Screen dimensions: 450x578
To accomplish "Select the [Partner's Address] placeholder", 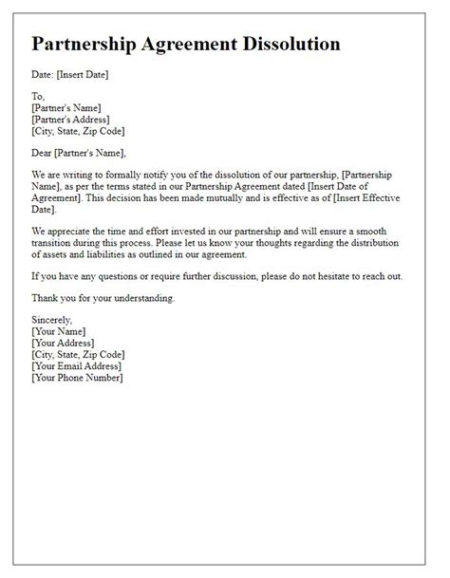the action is [x=71, y=119].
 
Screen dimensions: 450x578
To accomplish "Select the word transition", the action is [x=53, y=242].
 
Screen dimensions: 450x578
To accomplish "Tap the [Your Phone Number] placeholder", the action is [x=77, y=377].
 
